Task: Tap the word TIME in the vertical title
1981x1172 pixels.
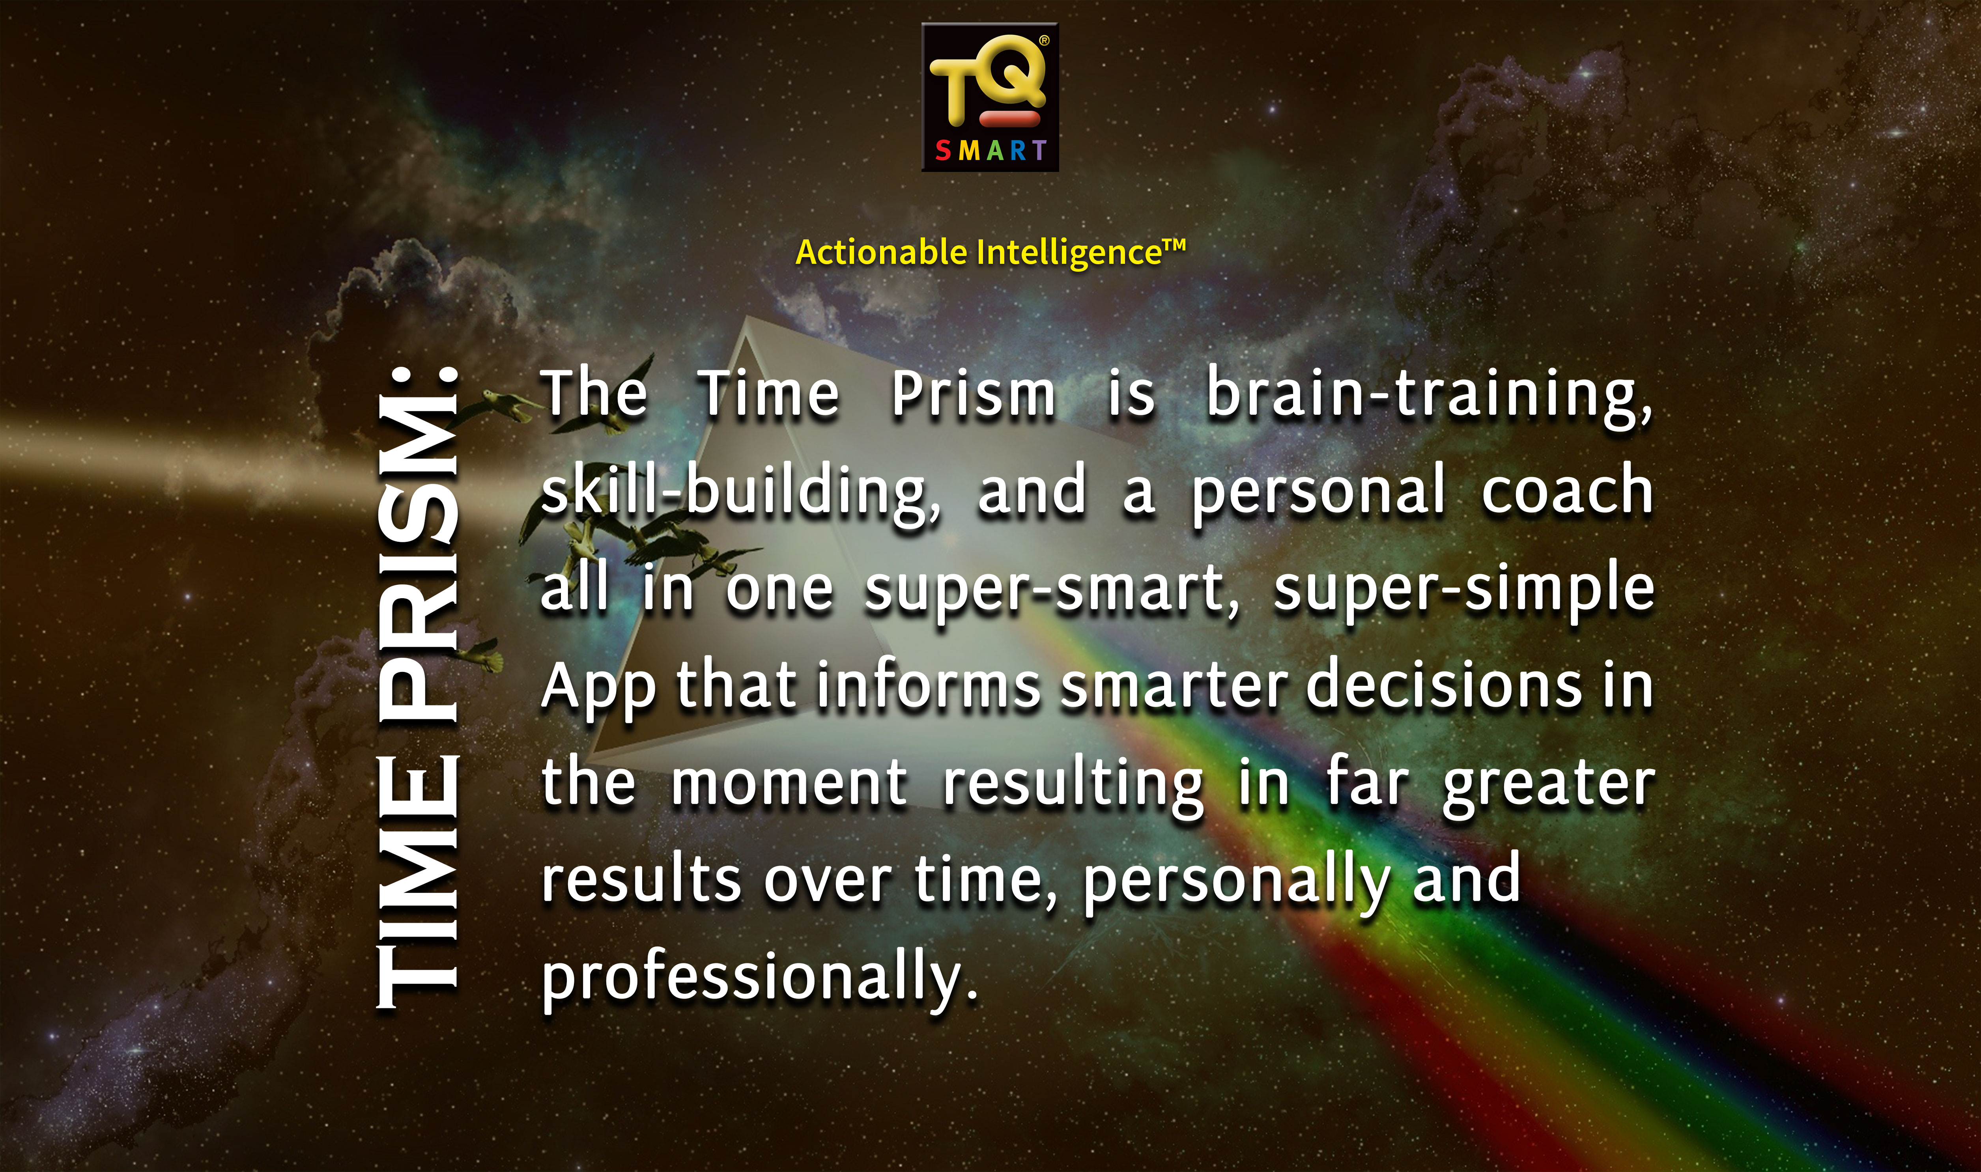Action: [x=417, y=881]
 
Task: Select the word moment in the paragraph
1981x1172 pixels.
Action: [x=789, y=784]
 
